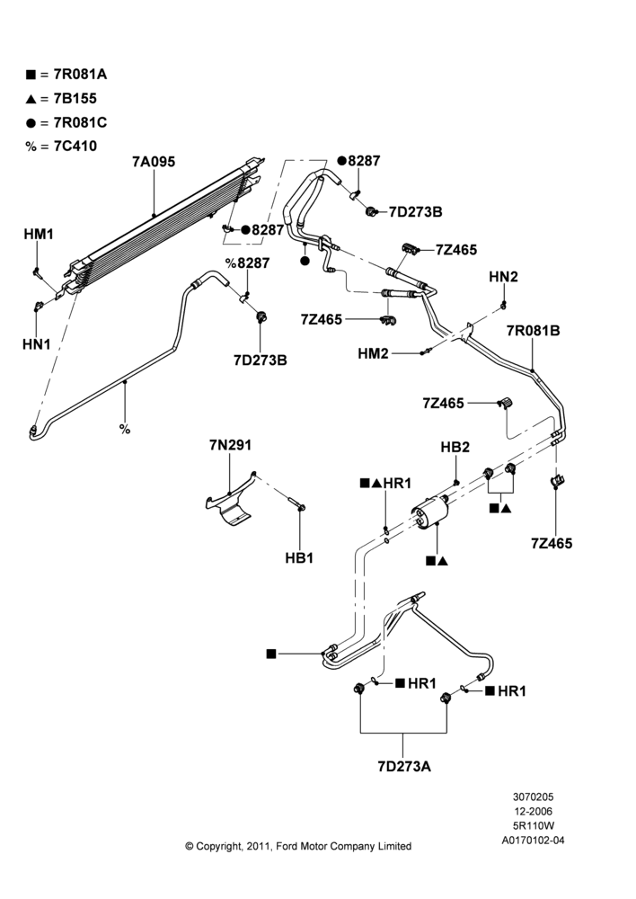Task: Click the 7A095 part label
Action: tap(154, 162)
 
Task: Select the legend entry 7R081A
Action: tap(66, 75)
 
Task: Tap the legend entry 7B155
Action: tap(61, 99)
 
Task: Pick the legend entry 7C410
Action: tap(61, 147)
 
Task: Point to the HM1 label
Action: tap(39, 234)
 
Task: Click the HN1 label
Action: tap(37, 344)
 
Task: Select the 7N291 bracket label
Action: tap(230, 445)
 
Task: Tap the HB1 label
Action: tap(299, 557)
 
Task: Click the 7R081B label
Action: tap(533, 331)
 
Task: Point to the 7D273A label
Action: tap(404, 767)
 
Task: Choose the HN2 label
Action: tap(504, 277)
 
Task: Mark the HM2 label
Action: tap(373, 353)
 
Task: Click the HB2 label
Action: tap(455, 447)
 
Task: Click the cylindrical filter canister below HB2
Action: tap(430, 512)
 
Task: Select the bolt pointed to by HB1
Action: tap(297, 503)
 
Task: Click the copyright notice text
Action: tap(298, 846)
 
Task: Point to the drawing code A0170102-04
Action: tap(533, 841)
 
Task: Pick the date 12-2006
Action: tap(533, 811)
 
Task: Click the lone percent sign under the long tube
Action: tap(125, 429)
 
